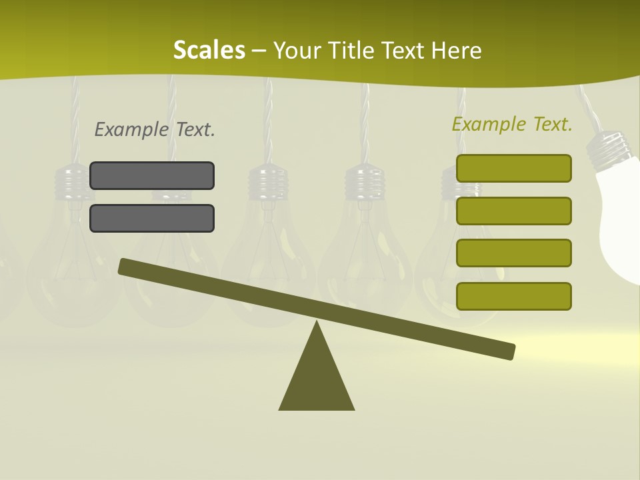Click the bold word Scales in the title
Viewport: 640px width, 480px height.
209,50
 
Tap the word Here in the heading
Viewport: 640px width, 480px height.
456,51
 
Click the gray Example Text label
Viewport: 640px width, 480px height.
155,129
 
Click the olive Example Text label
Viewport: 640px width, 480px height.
512,124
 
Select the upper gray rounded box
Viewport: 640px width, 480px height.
152,175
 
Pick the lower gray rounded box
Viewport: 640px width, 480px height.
152,218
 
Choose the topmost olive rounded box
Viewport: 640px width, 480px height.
513,168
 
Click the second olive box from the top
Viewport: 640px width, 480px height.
513,211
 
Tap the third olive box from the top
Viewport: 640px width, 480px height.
513,253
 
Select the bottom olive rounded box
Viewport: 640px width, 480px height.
513,296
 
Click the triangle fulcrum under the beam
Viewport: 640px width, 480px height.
317,380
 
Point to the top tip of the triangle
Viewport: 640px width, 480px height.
317,325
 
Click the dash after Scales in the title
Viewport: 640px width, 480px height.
259,51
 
